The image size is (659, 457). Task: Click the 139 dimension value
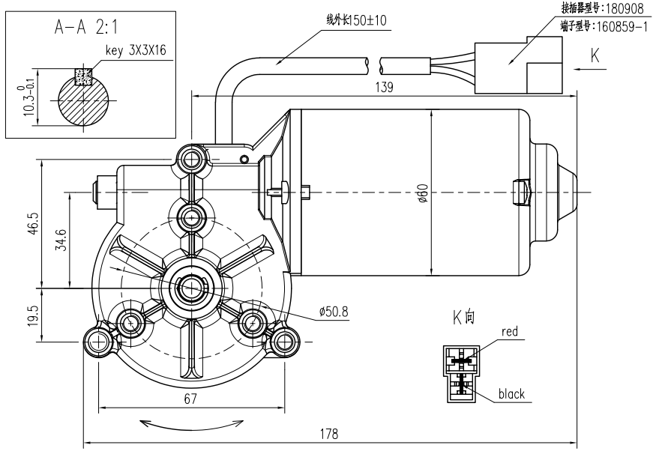point(384,87)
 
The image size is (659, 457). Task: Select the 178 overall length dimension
point(328,434)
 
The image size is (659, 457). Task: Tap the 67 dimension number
point(190,399)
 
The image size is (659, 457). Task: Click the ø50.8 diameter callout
point(334,312)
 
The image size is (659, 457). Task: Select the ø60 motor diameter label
point(424,193)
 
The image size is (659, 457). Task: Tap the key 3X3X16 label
point(136,50)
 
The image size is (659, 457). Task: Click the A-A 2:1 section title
point(86,27)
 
